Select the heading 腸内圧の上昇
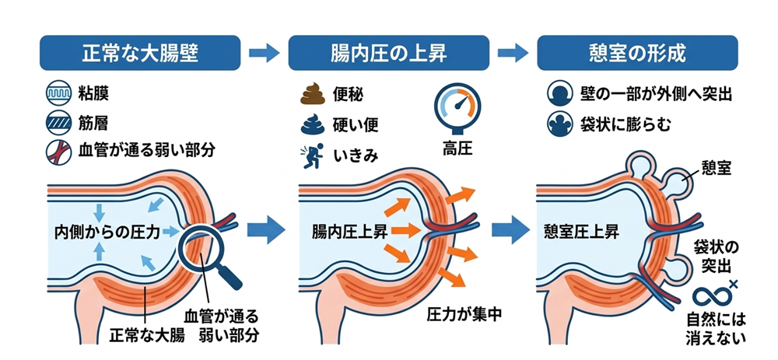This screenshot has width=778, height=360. click(x=387, y=54)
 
